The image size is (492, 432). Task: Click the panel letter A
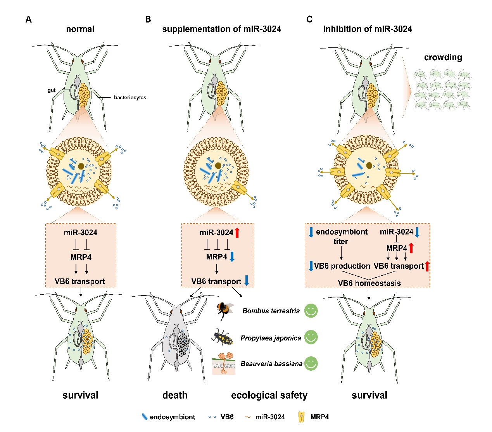click(28, 19)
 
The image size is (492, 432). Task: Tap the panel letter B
click(148, 19)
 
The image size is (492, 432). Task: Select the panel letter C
click(309, 19)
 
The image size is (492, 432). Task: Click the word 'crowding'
click(443, 57)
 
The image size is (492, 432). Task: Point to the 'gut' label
click(52, 90)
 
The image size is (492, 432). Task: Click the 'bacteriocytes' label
click(130, 98)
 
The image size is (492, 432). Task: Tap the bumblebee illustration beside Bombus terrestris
click(225, 311)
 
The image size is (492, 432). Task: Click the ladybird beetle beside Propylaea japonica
click(223, 337)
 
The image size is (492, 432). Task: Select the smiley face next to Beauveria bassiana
click(311, 363)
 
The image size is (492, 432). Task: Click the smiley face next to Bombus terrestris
click(311, 310)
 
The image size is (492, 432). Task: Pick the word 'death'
click(175, 395)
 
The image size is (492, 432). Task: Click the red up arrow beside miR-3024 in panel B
click(237, 233)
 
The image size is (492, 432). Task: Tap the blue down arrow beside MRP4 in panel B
click(232, 257)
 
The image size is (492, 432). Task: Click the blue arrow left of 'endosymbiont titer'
click(311, 232)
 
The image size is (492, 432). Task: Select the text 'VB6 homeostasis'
click(369, 283)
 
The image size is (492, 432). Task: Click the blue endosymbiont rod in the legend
click(145, 417)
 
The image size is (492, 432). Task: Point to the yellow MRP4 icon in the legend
click(301, 417)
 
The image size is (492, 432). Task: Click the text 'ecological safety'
click(269, 395)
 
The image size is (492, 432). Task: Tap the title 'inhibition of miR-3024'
click(368, 29)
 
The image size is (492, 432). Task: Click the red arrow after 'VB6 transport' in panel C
click(427, 266)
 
